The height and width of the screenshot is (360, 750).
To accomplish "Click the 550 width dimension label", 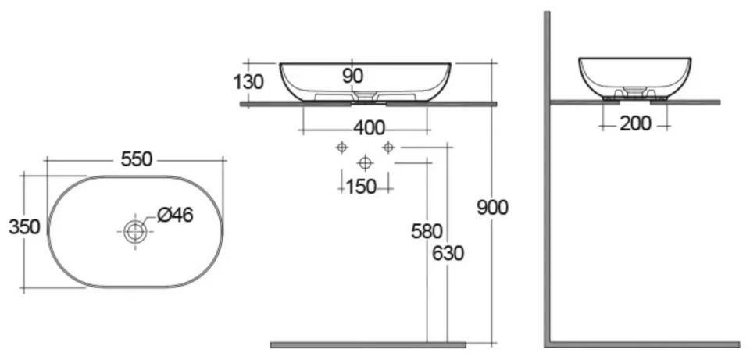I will (x=136, y=159).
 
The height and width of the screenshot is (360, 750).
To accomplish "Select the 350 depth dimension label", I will (x=24, y=227).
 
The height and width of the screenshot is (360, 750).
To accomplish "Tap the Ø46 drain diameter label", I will (x=175, y=215).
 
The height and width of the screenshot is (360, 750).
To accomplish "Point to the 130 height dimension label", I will (x=248, y=82).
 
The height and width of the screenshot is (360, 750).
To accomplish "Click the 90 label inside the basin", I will (x=352, y=76).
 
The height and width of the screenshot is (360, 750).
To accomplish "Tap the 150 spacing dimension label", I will (x=360, y=187).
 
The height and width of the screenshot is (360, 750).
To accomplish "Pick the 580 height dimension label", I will (x=427, y=231).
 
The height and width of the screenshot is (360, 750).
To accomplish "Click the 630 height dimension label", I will (x=448, y=253).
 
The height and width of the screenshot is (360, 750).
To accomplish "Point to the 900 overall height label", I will (x=493, y=208).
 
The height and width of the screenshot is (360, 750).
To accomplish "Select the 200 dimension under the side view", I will (x=635, y=123).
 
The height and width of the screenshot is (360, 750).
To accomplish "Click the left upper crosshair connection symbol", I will (x=341, y=147).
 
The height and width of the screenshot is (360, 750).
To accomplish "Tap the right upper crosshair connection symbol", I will (x=387, y=147).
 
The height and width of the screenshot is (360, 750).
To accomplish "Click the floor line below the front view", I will (x=368, y=344).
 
